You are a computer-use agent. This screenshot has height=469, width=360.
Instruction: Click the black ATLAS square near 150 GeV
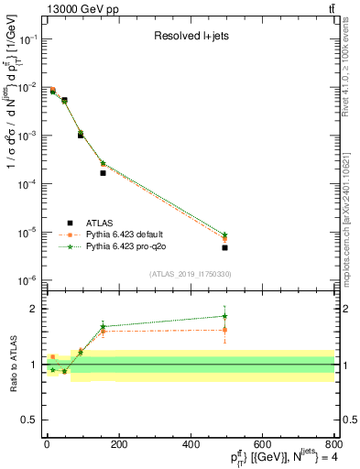coord(103,172)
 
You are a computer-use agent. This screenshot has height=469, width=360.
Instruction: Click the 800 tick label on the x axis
coord(333,443)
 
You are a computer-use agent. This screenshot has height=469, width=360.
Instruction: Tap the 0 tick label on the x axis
coord(47,443)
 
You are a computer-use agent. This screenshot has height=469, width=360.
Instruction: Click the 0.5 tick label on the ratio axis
coord(32,420)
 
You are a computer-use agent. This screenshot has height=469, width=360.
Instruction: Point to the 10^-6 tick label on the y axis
coord(28,280)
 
